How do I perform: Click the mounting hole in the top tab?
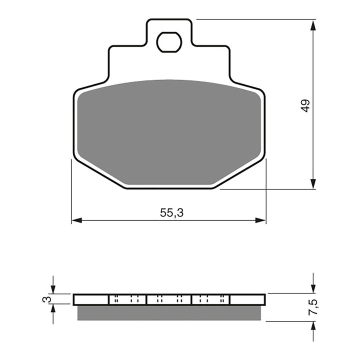[x=169, y=42]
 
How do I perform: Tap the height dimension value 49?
[x=305, y=105]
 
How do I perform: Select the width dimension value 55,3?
[x=172, y=212]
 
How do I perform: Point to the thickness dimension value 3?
[x=46, y=299]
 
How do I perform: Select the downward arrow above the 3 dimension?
[x=53, y=288]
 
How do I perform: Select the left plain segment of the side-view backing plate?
[x=91, y=299]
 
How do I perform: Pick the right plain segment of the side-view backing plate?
[x=246, y=299]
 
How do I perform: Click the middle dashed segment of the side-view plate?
[x=169, y=299]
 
